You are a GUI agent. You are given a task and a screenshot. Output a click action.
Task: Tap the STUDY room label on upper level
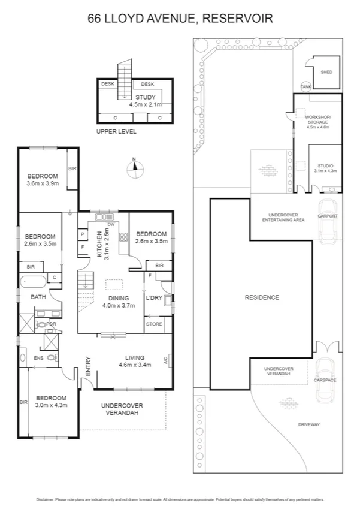[x=145, y=97]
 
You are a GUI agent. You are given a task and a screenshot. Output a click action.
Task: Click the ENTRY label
[x=88, y=366]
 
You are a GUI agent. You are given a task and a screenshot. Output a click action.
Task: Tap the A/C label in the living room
[x=164, y=361]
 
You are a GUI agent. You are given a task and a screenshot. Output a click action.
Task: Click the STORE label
[x=154, y=324]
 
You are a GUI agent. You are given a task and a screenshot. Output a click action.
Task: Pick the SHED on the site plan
[x=326, y=72]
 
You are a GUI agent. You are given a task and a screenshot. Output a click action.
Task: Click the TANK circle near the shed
[x=306, y=86]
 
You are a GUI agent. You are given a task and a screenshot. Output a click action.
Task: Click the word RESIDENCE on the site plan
[x=262, y=297]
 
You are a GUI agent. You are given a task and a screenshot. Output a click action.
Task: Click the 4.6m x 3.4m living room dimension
[x=137, y=365]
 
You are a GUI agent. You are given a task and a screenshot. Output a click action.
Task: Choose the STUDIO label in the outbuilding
[x=325, y=165]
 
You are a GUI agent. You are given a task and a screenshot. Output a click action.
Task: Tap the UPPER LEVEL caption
[x=116, y=131]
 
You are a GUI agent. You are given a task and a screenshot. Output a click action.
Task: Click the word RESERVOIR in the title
[x=238, y=19]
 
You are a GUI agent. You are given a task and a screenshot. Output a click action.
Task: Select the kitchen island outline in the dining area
[x=113, y=286]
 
